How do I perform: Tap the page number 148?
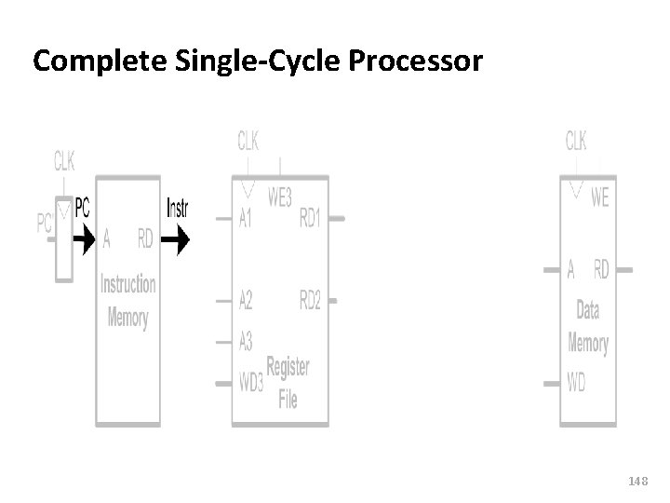pyautogui.click(x=637, y=481)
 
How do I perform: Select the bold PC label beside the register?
pyautogui.click(x=82, y=207)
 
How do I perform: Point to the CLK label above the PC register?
pyautogui.click(x=64, y=162)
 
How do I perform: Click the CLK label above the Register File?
pyautogui.click(x=248, y=141)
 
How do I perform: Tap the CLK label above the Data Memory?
pyautogui.click(x=576, y=141)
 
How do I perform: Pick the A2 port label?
pyautogui.click(x=246, y=300)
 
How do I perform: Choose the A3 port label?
pyautogui.click(x=246, y=342)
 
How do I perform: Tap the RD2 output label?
pyautogui.click(x=311, y=300)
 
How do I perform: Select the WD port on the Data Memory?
pyautogui.click(x=577, y=383)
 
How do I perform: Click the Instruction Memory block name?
pyautogui.click(x=128, y=300)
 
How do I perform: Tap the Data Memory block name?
pyautogui.click(x=588, y=327)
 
